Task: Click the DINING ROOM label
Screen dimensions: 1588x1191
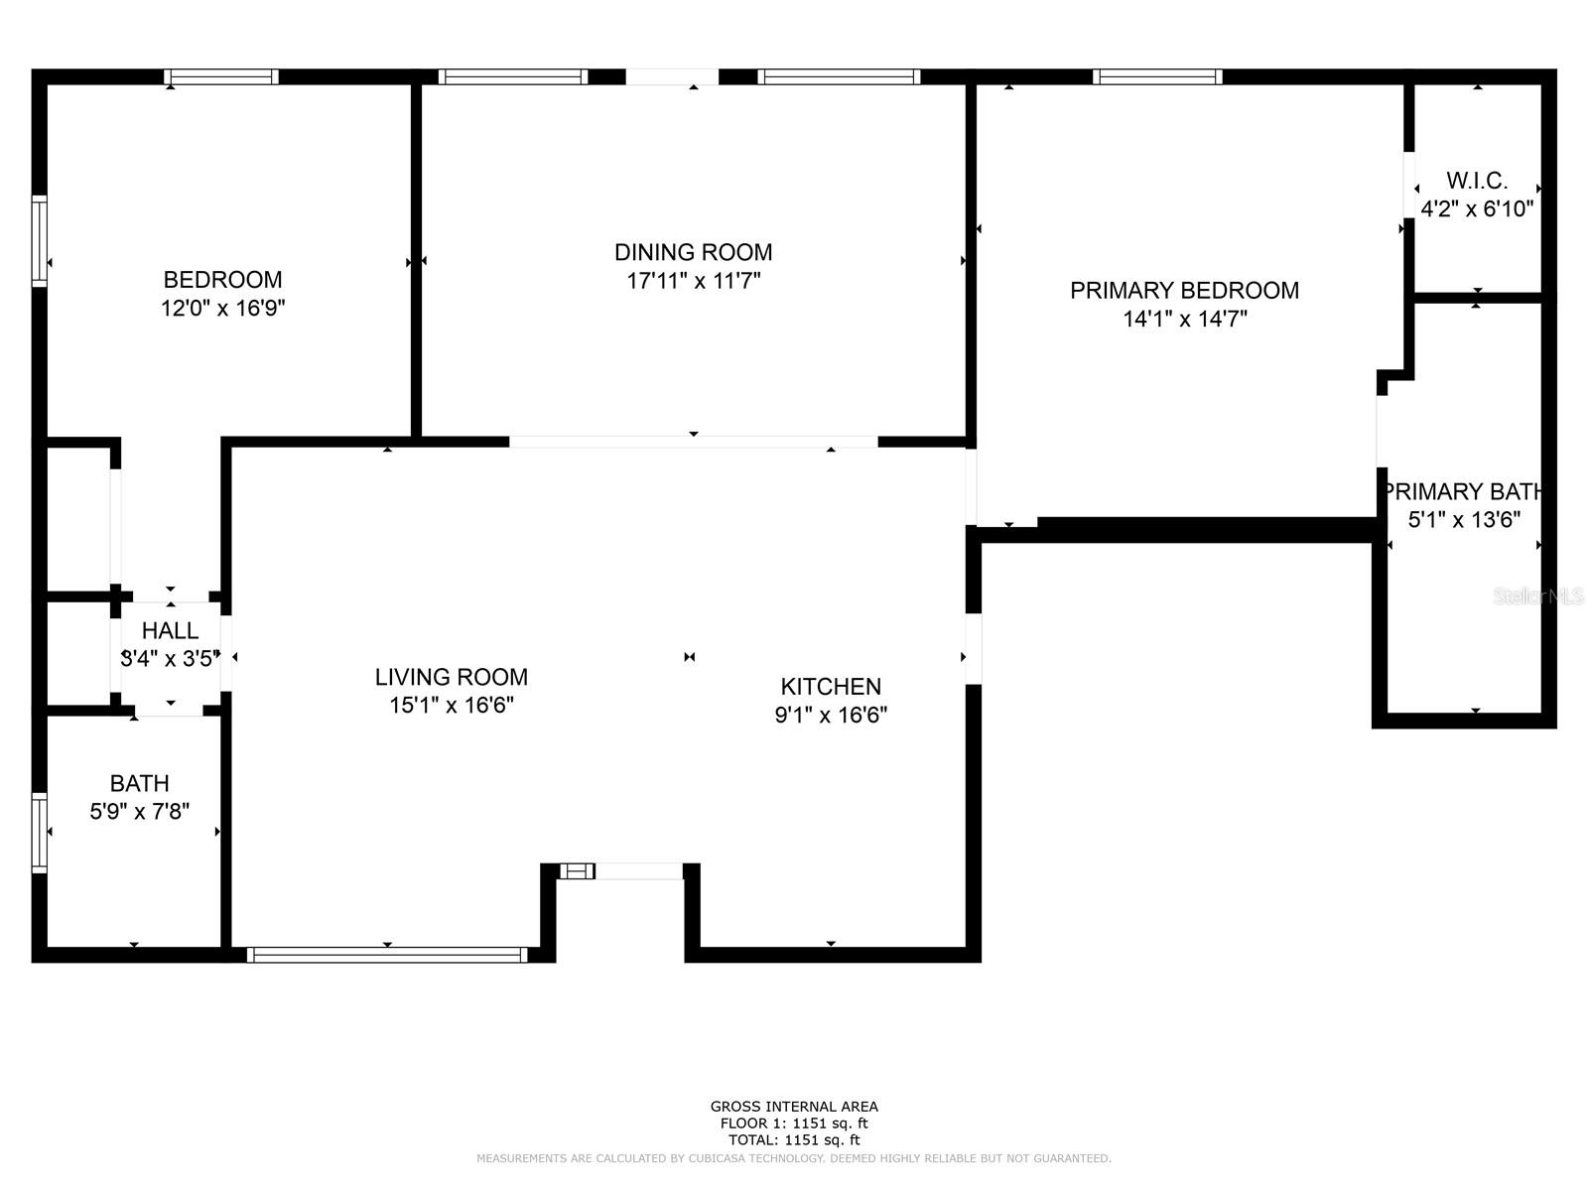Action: pos(693,252)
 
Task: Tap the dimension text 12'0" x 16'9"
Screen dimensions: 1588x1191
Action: pos(223,308)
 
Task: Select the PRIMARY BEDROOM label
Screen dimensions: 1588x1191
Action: pos(1184,291)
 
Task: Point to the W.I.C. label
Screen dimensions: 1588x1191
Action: pos(1477,180)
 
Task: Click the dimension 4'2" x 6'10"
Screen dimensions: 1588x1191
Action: pos(1477,209)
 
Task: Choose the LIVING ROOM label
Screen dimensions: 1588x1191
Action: pos(452,677)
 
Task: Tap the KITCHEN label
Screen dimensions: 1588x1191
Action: pos(831,686)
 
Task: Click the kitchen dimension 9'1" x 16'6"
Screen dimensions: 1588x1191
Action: pos(831,716)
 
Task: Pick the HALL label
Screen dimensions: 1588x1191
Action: pos(170,630)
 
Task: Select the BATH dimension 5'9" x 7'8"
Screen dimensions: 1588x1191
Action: pos(140,811)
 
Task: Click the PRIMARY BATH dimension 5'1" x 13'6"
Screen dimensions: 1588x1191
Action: pos(1464,519)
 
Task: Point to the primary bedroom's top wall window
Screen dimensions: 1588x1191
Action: pos(1157,76)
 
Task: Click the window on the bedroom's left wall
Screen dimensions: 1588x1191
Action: pos(40,241)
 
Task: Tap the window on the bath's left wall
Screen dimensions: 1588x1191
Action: pos(40,833)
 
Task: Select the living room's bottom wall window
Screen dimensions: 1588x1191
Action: pos(387,955)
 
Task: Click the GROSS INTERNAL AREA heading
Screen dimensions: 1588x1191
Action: pos(794,1107)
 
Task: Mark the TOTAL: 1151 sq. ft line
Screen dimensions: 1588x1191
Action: pos(794,1140)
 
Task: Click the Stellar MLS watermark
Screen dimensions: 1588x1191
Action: pos(1538,595)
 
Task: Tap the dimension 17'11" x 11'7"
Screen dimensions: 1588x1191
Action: pos(693,281)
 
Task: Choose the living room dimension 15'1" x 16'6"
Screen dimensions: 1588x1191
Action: pos(452,705)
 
